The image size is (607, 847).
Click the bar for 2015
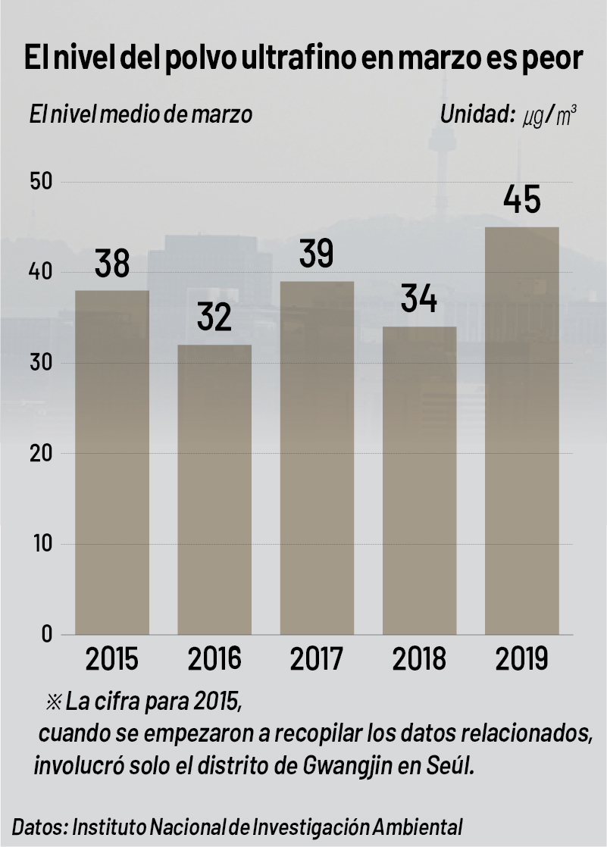[x=112, y=462]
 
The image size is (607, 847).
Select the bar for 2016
[x=214, y=489]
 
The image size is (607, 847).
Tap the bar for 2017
[x=317, y=458]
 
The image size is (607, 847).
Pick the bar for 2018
[x=419, y=480]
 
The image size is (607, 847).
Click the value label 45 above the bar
[x=522, y=201]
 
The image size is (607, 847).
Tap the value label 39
[x=317, y=255]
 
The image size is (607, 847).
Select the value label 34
[x=419, y=299]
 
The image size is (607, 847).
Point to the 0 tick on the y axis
[x=47, y=634]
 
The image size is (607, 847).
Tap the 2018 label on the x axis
[x=419, y=659]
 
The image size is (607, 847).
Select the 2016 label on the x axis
[x=214, y=659]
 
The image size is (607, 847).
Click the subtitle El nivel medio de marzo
[x=141, y=116]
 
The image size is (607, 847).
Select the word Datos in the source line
[x=39, y=825]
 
